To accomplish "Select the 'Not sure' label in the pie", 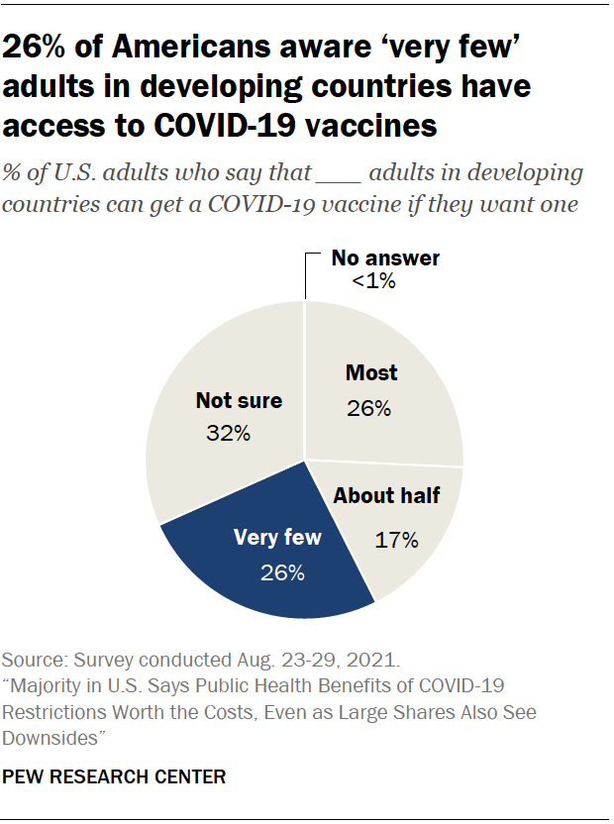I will tap(239, 401).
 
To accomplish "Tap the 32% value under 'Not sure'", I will tap(230, 433).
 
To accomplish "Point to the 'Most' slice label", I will tap(371, 373).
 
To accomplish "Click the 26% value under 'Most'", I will tap(368, 408).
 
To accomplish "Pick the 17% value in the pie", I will tap(398, 540).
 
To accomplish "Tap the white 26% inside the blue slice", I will tap(282, 572).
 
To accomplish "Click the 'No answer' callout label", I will tap(385, 258).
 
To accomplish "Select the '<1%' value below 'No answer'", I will tap(373, 282).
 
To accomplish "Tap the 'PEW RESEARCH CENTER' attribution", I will tap(115, 777).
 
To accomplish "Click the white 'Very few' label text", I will tap(277, 539).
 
